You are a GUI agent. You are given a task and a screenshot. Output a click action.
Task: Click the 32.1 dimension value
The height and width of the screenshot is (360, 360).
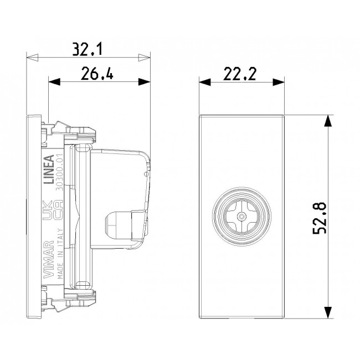tap(88, 49)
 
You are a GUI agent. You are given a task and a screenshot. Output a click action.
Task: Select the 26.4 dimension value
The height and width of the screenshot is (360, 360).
tap(97, 73)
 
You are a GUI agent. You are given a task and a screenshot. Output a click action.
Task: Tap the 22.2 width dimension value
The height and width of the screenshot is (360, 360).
tap(240, 74)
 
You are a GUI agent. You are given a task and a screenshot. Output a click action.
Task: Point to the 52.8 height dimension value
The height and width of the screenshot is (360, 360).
tap(320, 218)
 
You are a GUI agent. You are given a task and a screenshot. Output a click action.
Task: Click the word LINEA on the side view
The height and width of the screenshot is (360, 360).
tap(49, 169)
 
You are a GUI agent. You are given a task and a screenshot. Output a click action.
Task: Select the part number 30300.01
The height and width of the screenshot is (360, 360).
tap(60, 174)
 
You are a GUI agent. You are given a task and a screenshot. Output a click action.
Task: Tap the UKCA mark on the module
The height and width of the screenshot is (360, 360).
tap(53, 210)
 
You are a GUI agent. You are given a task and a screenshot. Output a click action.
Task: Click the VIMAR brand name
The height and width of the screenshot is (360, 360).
tap(48, 259)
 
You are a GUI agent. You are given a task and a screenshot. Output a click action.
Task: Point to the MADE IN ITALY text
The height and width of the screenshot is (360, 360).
tap(60, 254)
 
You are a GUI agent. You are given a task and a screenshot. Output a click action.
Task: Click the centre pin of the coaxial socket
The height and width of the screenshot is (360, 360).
tap(241, 216)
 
